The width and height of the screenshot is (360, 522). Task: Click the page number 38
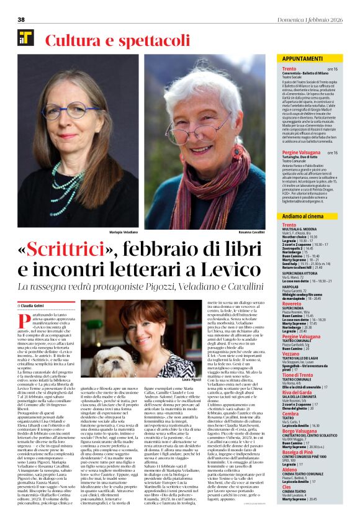pos(20,19)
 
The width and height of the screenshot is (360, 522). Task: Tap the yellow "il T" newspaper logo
pos(25,38)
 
